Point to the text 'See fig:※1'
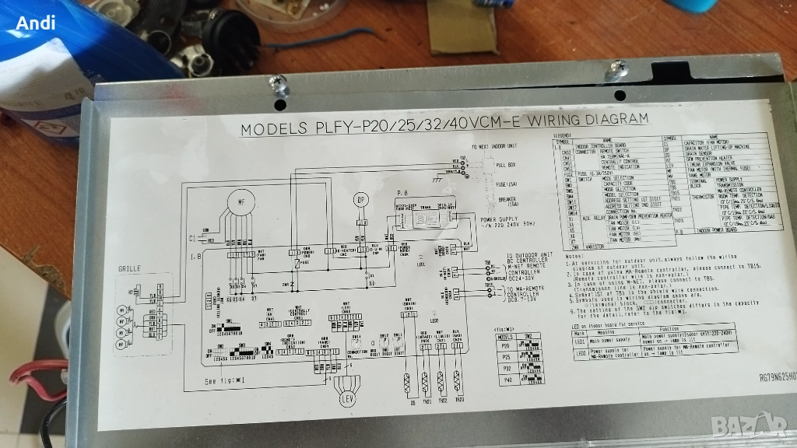click(x=224, y=381)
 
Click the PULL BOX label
click(x=506, y=166)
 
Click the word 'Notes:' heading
click(x=575, y=256)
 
